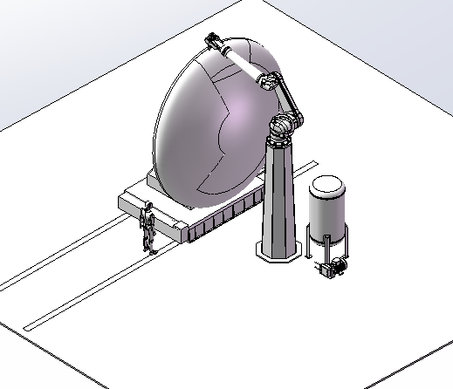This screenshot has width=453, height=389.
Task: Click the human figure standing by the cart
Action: (148, 227)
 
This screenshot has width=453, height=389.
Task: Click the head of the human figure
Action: (149, 207)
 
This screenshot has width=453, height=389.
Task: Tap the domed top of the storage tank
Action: (327, 184)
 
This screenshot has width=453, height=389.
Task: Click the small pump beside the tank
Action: (332, 268)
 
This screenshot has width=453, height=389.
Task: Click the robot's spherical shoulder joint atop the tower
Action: (281, 129)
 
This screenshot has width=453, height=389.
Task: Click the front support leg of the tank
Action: (326, 249)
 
